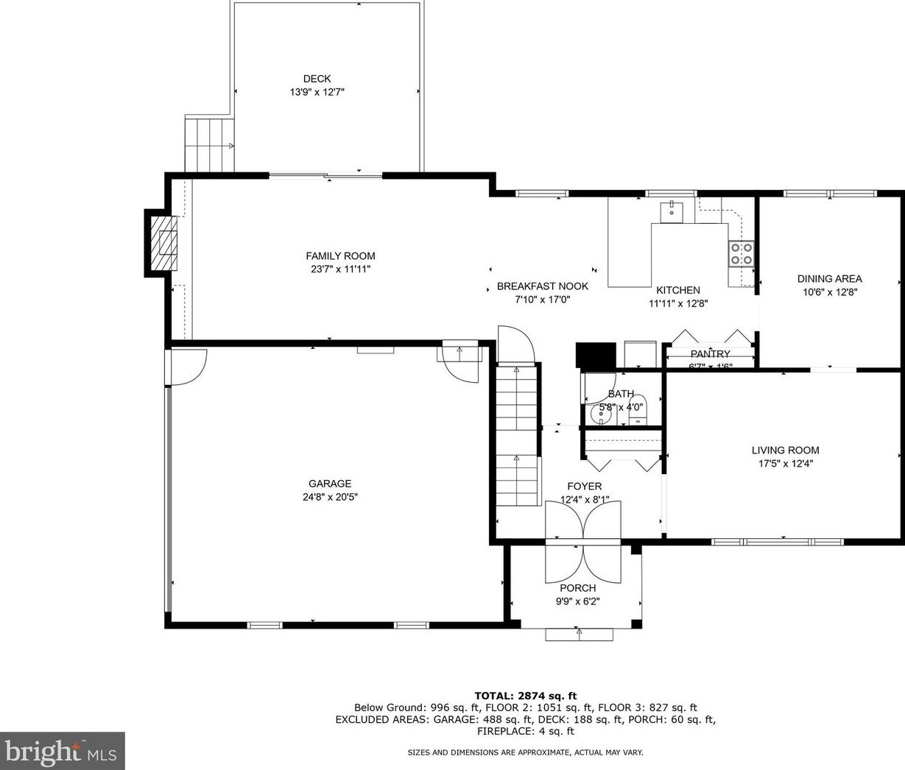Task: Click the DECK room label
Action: (317, 79)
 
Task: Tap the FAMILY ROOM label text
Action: (340, 256)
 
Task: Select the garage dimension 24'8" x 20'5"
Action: (329, 497)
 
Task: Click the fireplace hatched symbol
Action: (163, 242)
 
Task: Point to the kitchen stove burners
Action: (741, 253)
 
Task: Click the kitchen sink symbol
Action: (672, 211)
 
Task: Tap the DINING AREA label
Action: (829, 279)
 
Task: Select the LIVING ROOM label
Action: (785, 451)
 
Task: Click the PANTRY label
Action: (710, 354)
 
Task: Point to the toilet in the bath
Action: (637, 409)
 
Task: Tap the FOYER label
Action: (584, 487)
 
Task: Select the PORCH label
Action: (578, 588)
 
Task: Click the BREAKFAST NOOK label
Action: (542, 286)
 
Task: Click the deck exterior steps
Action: (208, 144)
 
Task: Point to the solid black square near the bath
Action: (595, 355)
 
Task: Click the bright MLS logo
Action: (62, 751)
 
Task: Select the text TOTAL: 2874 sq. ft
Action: (525, 696)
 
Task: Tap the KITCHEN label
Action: (678, 290)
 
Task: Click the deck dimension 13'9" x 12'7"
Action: (317, 93)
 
